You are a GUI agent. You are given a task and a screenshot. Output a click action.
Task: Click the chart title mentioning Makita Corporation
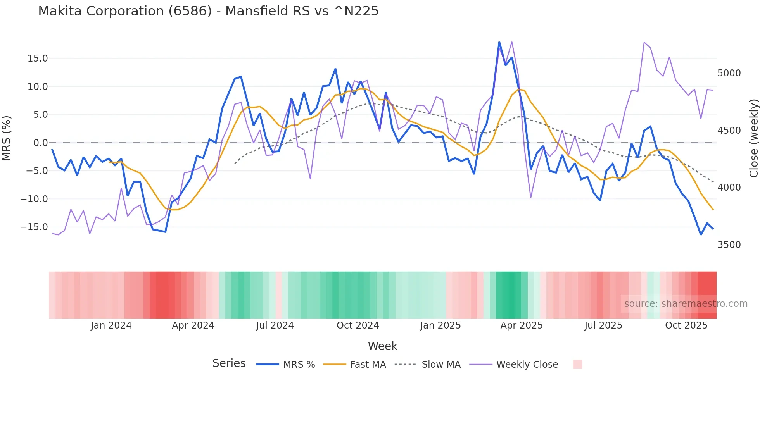[208, 11]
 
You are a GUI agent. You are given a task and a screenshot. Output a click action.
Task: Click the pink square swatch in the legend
[577, 364]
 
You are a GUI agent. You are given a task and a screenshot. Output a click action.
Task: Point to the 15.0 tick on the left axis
[38, 59]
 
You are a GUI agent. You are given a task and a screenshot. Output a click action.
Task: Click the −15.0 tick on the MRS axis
[34, 227]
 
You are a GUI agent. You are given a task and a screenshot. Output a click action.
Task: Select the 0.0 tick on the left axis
[40, 143]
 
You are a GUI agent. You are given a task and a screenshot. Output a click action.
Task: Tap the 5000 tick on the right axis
[729, 73]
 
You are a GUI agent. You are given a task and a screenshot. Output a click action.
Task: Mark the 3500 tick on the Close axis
[729, 245]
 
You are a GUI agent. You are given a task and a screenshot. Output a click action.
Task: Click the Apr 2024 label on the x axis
[193, 325]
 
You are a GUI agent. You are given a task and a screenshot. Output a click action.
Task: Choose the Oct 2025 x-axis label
[686, 325]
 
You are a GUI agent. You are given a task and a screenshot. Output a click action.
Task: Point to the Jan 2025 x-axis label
[440, 325]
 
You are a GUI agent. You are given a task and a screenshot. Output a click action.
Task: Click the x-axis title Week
[382, 346]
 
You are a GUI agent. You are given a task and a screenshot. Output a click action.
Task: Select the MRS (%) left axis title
[7, 138]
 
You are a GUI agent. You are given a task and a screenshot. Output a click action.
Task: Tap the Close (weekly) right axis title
[753, 138]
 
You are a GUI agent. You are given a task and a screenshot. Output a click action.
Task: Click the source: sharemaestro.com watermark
[686, 304]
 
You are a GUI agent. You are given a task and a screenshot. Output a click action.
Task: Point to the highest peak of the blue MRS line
[499, 42]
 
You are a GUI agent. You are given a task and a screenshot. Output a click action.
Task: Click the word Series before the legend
[229, 363]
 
